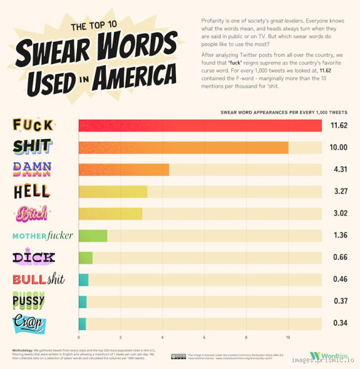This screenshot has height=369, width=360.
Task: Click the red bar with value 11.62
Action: tap(200, 125)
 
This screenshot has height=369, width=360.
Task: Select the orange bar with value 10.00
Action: tap(183, 148)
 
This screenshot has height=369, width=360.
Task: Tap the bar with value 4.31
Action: tap(124, 170)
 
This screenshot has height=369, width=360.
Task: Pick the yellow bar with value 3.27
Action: tap(113, 191)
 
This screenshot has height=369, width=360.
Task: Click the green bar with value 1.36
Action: tap(93, 236)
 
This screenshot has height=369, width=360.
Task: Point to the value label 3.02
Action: tap(339, 214)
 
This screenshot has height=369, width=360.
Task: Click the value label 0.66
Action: tap(339, 258)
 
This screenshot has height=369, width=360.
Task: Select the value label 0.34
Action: tap(339, 323)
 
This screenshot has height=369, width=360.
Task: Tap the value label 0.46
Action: tap(339, 280)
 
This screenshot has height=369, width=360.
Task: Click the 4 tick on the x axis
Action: tap(162, 338)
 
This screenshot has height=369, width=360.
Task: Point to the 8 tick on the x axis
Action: tap(246, 338)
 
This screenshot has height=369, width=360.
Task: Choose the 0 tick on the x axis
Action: tap(79, 338)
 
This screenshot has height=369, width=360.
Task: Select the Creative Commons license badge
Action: tap(178, 355)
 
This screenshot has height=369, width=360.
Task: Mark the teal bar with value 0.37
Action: tap(82, 301)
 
